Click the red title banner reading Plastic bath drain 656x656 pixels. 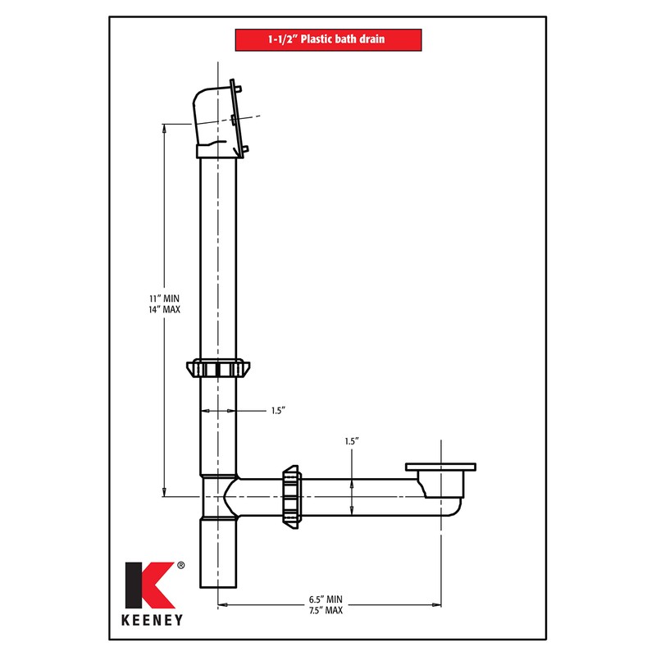click(x=328, y=39)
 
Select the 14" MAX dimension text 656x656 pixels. click(x=164, y=309)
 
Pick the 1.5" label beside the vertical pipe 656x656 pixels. click(x=278, y=410)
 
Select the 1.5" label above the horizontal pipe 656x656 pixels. click(x=352, y=441)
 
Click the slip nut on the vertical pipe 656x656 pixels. click(x=218, y=369)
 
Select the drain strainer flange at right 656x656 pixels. click(x=440, y=467)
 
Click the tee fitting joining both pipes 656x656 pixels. click(x=219, y=495)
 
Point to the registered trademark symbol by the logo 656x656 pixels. click(x=181, y=565)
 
